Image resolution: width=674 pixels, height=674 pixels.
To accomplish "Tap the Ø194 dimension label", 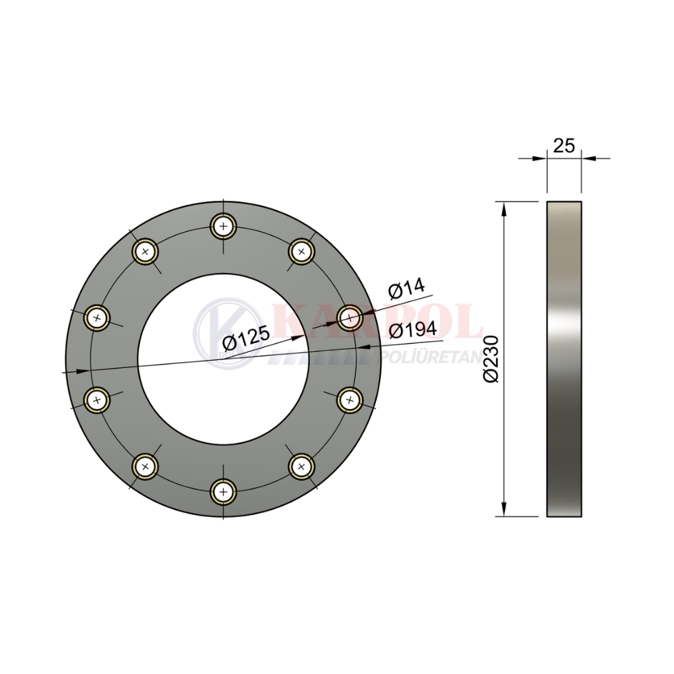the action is click(x=412, y=330).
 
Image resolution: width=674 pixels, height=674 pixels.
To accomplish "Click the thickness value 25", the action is click(x=563, y=146).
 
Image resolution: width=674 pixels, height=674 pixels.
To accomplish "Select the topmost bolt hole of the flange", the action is click(x=224, y=226).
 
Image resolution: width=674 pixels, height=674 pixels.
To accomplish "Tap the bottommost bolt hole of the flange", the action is click(x=224, y=491).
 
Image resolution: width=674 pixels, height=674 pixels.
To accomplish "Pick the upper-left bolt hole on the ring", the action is click(x=146, y=251).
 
